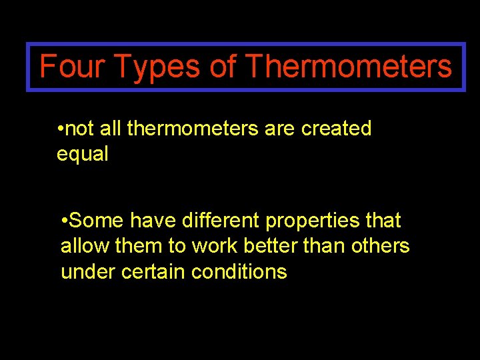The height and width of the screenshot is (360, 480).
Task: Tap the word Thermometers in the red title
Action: pos(349,67)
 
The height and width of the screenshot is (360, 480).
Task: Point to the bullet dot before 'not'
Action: pos(60,129)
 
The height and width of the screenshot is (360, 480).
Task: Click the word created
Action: pos(336,128)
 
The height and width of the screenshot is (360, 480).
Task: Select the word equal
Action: pos(82,154)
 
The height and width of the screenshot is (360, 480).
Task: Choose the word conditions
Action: pos(239,272)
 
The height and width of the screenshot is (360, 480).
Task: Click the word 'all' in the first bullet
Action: pos(111,128)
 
